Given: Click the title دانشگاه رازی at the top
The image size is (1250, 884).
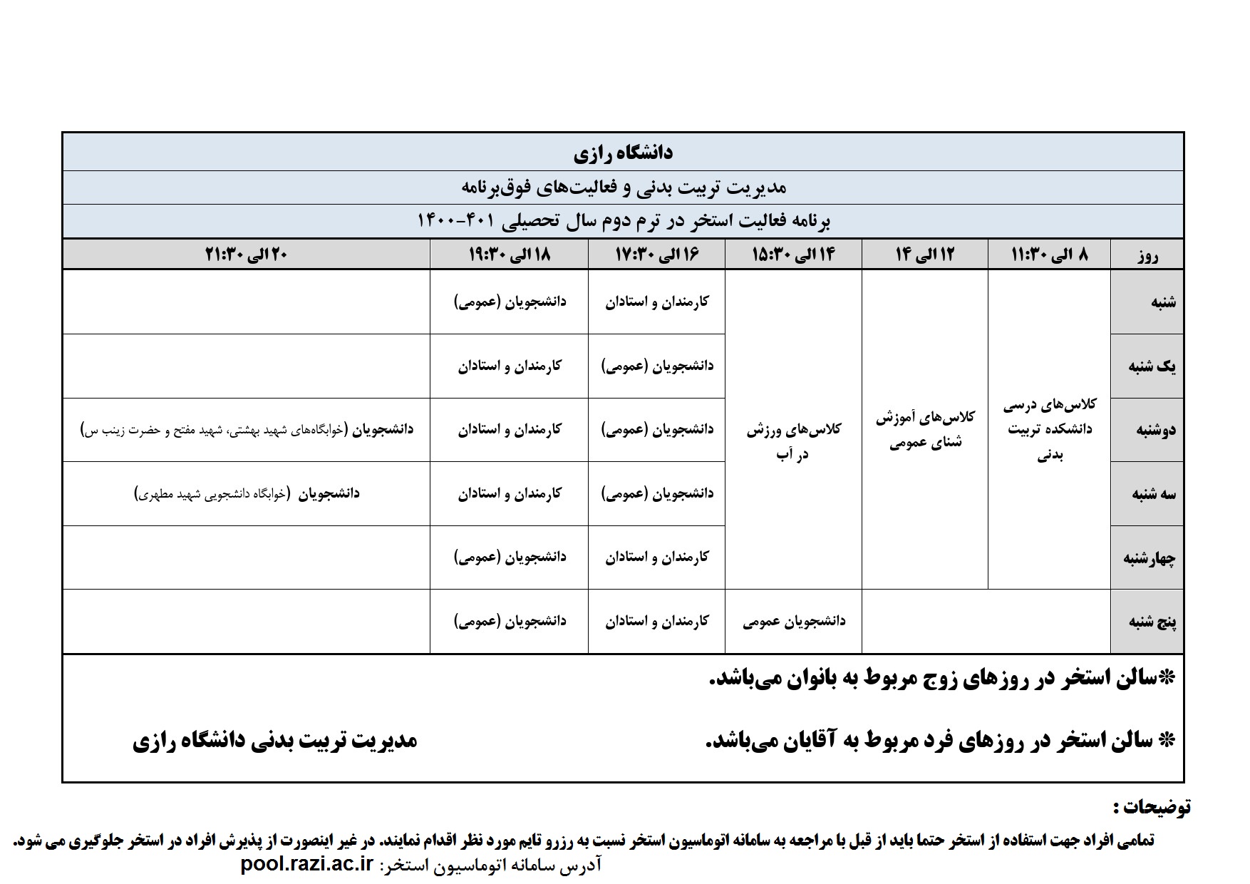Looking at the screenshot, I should (623, 153).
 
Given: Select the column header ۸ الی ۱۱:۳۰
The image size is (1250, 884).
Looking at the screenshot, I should (1050, 255).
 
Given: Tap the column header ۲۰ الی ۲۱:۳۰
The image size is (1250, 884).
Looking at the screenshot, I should (247, 255).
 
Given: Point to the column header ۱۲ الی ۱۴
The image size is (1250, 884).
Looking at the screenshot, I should (924, 255).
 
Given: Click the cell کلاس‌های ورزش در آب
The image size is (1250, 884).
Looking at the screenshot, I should (793, 442).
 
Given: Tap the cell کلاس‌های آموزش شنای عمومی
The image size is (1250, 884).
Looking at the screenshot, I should (925, 429).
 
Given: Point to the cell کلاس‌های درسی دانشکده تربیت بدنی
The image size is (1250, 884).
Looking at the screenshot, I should (1049, 429).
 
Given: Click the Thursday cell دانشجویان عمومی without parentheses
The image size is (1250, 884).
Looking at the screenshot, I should (793, 622).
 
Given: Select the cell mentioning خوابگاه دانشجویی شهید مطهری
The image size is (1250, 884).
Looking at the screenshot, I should (247, 493).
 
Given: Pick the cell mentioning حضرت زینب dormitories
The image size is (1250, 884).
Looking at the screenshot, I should (247, 429).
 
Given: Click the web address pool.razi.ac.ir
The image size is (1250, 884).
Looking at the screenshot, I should (307, 865).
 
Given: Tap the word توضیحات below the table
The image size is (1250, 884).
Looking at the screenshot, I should (1151, 808).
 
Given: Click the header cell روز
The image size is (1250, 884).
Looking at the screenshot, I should (1147, 255).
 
